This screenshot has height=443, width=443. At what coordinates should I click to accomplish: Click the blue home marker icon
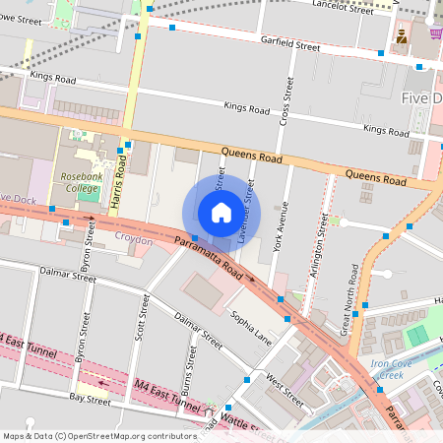point(221,212)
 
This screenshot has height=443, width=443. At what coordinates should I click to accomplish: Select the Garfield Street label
point(290,45)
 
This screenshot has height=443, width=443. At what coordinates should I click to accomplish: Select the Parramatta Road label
point(208,256)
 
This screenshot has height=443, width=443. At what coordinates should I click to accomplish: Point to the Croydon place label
point(134,239)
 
